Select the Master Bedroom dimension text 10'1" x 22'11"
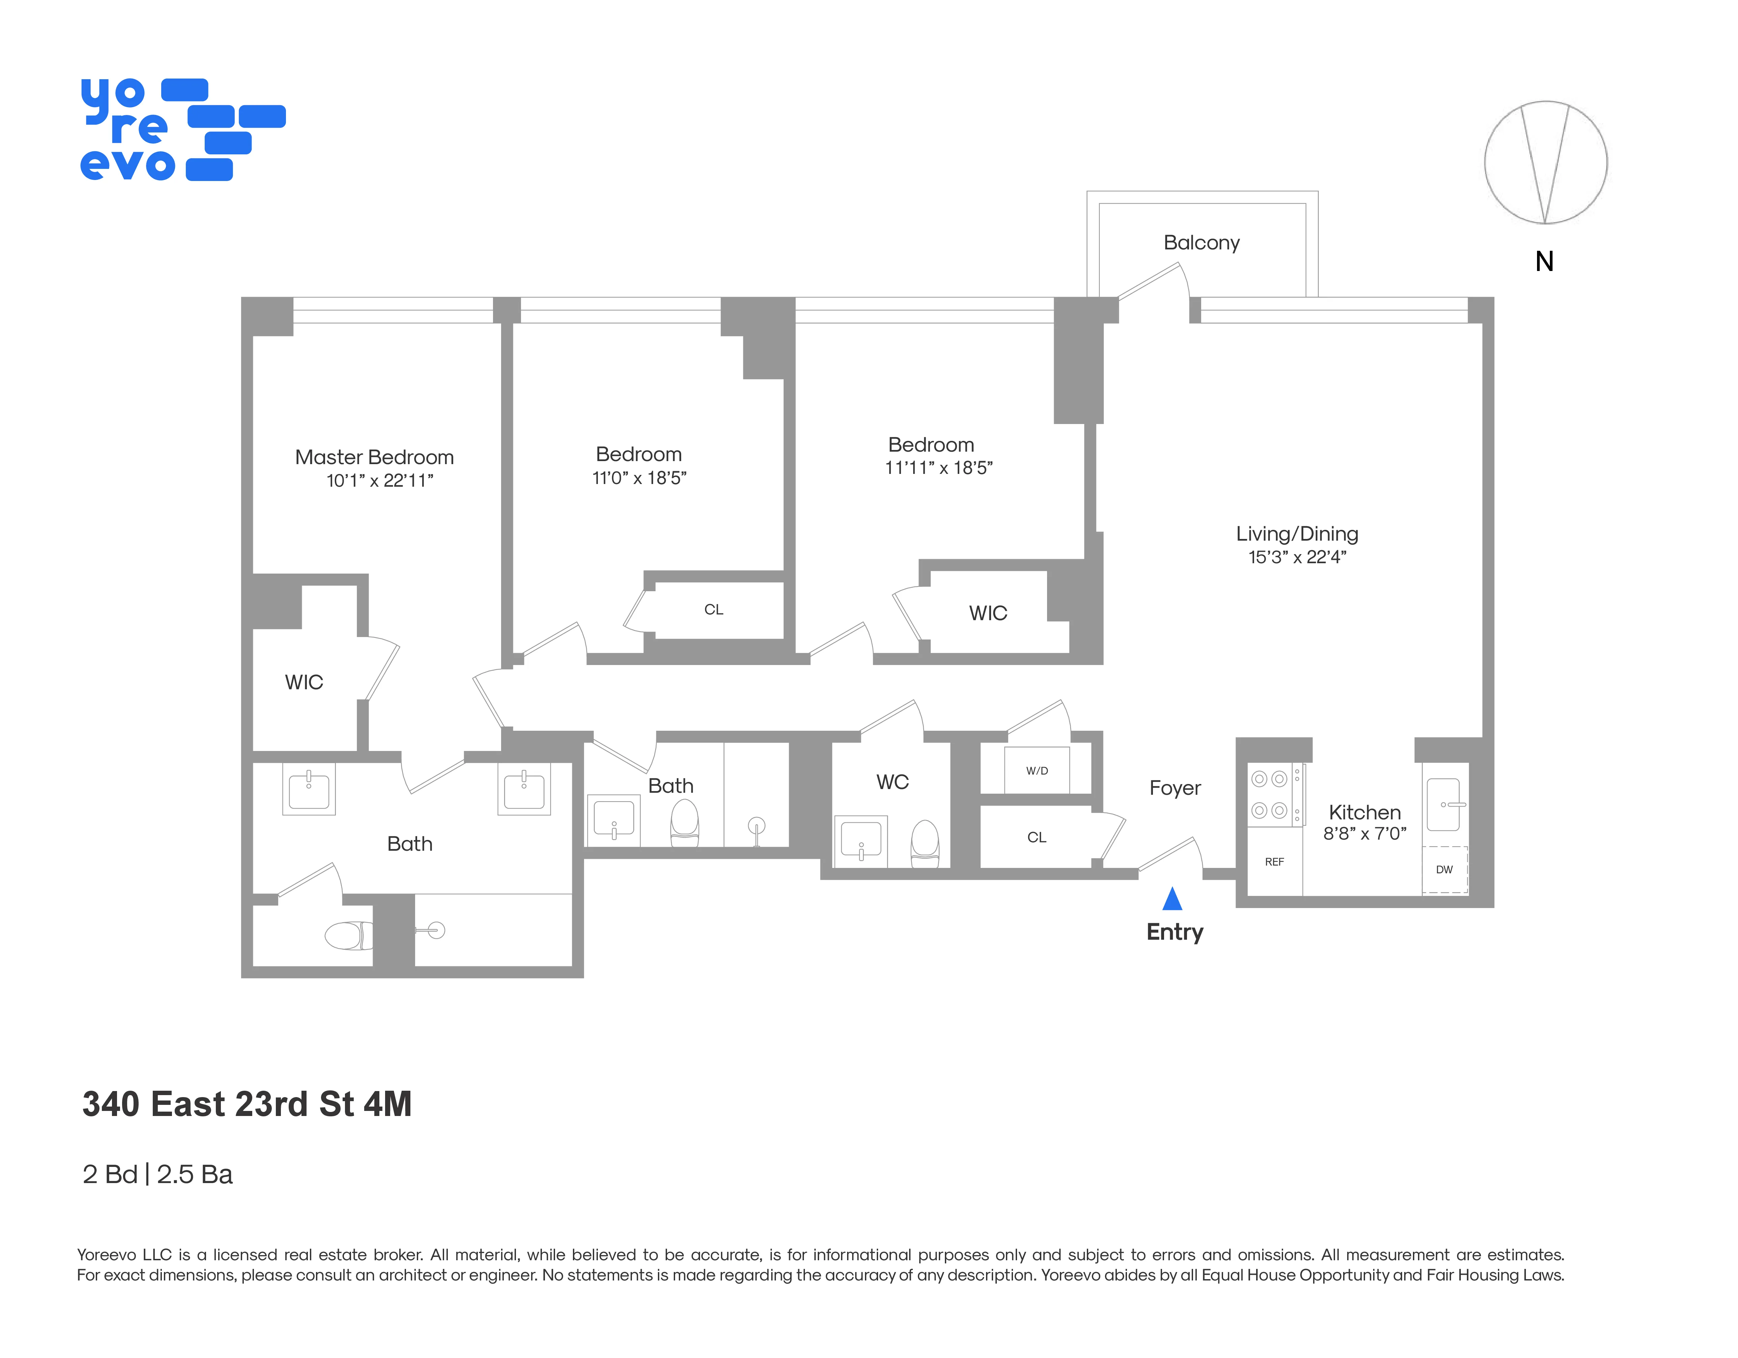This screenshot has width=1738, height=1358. pos(380,481)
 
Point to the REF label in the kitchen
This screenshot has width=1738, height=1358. pos(1274,862)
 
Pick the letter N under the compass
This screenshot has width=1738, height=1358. pos(1544,262)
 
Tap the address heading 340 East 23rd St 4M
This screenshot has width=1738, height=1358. pos(247,1104)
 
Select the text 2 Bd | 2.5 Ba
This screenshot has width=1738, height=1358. pos(157,1174)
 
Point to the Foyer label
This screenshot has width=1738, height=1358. pos(1175,788)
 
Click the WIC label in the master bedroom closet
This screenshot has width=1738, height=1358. pos(304,682)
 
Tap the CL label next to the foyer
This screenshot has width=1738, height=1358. pos(1036,837)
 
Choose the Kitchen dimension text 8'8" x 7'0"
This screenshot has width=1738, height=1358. pos(1364,834)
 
